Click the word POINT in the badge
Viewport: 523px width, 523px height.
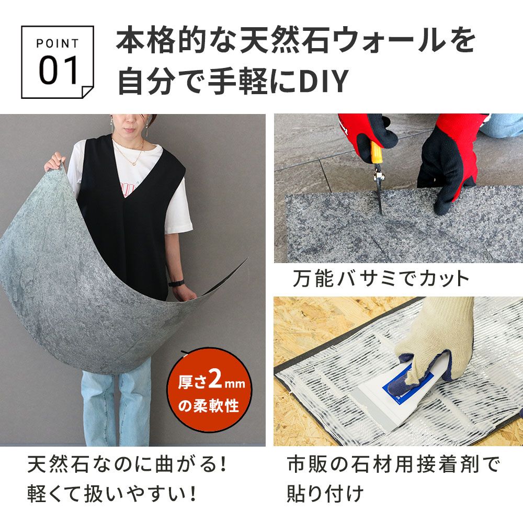58,43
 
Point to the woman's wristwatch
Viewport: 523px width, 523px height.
177,283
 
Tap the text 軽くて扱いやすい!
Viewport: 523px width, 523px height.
112,493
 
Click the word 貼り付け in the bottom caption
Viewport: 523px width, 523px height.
325,493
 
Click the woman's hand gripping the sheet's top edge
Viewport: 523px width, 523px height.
55,162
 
